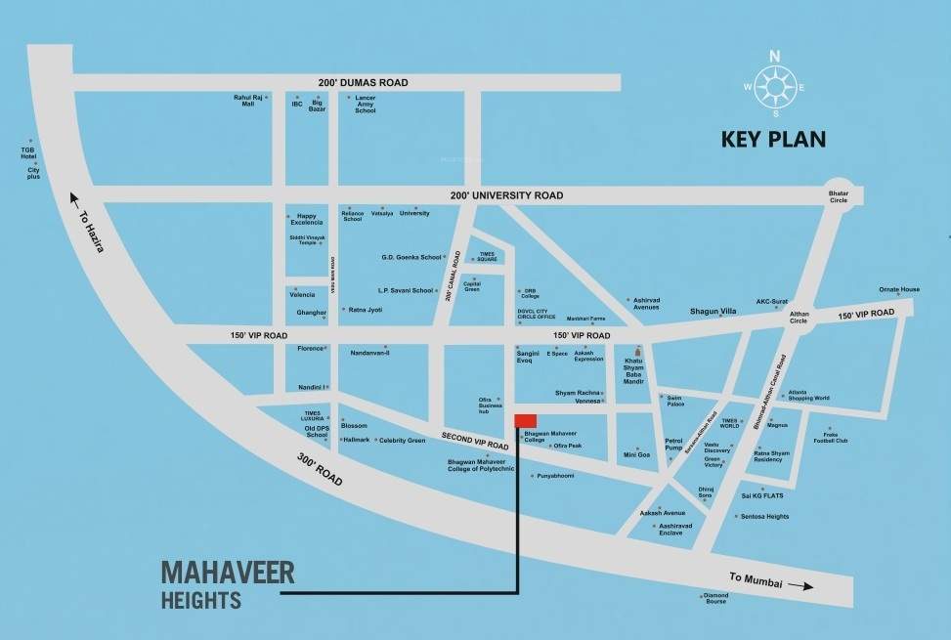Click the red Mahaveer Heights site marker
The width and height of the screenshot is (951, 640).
coord(525,420)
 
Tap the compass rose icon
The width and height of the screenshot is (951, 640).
coord(776,86)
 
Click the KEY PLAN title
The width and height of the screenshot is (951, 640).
coord(773,139)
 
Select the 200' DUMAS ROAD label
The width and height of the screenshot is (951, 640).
coord(363,83)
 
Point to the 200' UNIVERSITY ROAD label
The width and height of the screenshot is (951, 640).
coord(507,195)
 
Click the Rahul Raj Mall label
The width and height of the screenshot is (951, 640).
coord(243,102)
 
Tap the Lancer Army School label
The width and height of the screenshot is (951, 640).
coord(365,106)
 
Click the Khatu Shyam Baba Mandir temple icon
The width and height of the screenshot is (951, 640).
coord(639,350)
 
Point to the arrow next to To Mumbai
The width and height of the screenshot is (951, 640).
coord(800,586)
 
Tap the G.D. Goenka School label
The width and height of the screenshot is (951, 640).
coord(411,257)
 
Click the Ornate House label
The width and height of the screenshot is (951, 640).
coord(898,289)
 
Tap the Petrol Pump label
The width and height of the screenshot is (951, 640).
coord(673,446)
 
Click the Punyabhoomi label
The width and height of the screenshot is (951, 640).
coord(555,476)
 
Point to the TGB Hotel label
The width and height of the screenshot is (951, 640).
coord(28,153)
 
